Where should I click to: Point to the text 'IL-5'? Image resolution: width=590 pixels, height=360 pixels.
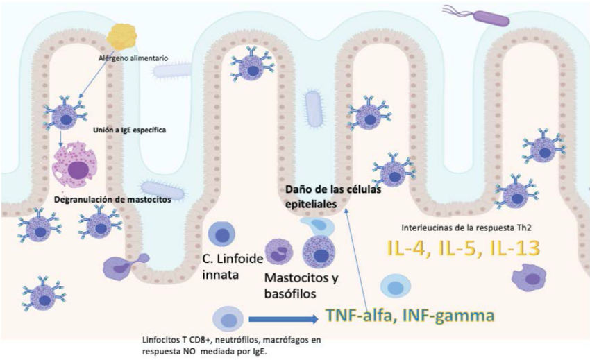click(x=458, y=249)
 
